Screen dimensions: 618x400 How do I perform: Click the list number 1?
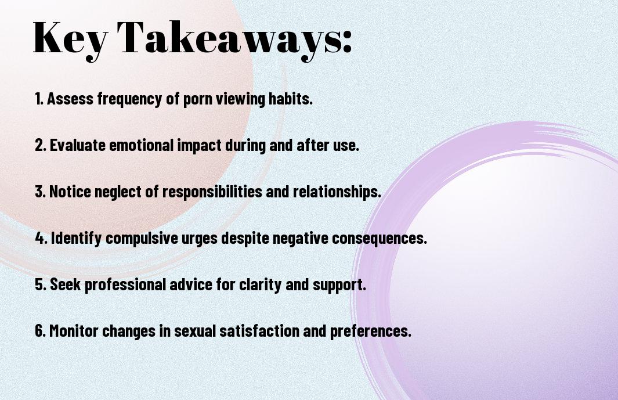point(39,99)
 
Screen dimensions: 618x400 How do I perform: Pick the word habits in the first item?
point(291,99)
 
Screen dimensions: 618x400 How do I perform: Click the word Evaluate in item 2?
point(78,145)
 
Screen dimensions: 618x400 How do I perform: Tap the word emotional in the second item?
point(141,145)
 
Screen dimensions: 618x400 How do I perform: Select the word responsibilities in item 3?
point(212,192)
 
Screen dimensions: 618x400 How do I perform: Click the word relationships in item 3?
point(337,192)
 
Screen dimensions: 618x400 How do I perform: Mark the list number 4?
point(41,238)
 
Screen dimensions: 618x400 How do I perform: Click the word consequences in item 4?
point(379,239)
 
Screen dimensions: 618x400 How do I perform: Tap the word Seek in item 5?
point(65,284)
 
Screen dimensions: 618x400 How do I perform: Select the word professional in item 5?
point(125,285)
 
